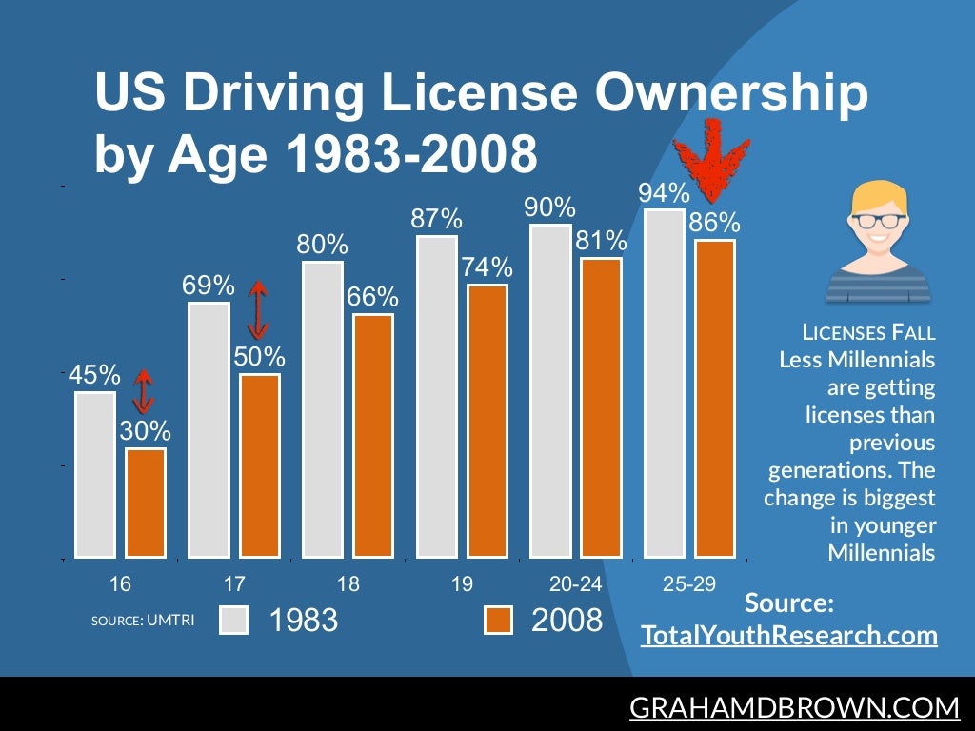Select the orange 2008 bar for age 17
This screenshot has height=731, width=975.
coord(260,465)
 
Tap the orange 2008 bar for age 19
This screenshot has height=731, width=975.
coord(487,421)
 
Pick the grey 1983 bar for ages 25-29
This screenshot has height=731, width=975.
coord(665,383)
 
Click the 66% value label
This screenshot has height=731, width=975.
coord(372,298)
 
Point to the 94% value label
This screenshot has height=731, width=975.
coord(664,193)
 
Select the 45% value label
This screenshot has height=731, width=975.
coord(94,375)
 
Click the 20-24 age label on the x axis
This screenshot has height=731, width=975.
coord(575,583)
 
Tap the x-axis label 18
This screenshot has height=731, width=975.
coord(348,583)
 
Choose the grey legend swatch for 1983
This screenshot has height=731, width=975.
coord(233,620)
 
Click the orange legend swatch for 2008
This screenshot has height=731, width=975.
coord(498,620)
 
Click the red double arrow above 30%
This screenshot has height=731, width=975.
coord(143,390)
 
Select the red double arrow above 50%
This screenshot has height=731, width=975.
coord(257,309)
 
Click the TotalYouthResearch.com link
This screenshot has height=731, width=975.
coord(789,635)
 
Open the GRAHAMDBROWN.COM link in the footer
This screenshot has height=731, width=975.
coord(795,707)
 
